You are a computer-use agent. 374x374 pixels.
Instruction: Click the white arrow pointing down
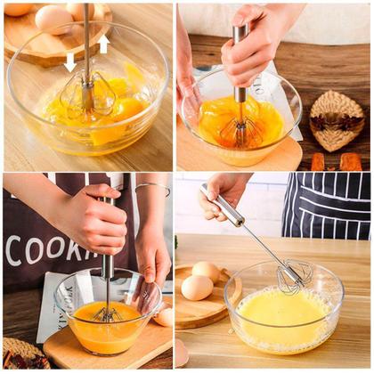coord(70,61)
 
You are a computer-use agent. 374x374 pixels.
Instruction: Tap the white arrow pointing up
coord(103,43)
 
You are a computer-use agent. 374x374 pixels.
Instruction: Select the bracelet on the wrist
coord(153,187)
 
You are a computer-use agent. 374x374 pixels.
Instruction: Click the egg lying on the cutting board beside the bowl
coord(165,317)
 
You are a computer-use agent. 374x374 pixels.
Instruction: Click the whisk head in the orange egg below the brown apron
coord(108,313)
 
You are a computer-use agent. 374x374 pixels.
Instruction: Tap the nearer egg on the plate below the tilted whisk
coord(197,287)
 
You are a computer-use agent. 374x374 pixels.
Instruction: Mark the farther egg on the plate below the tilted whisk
coord(207,271)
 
